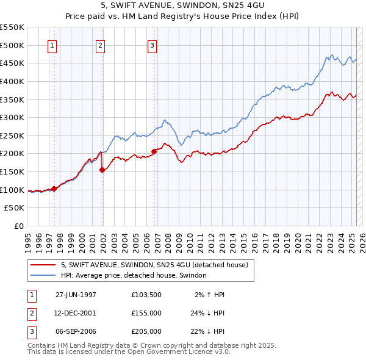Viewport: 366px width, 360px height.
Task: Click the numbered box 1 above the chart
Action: pos(52,45)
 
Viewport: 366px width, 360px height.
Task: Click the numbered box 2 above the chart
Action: pos(100,45)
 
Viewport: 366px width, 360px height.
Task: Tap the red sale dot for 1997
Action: pos(54,189)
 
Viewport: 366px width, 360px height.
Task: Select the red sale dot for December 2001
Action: pos(102,170)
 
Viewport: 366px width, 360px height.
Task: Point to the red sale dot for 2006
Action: pos(154,152)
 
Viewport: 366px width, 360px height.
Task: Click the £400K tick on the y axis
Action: pos(13,81)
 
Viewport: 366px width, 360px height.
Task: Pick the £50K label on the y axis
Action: pos(15,208)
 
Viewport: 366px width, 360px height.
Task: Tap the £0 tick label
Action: pos(19,226)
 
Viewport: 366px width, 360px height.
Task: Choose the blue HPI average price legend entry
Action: pos(134,276)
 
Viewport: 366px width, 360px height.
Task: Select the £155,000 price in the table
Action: pos(146,313)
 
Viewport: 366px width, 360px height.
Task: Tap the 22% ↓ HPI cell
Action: pos(207,331)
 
